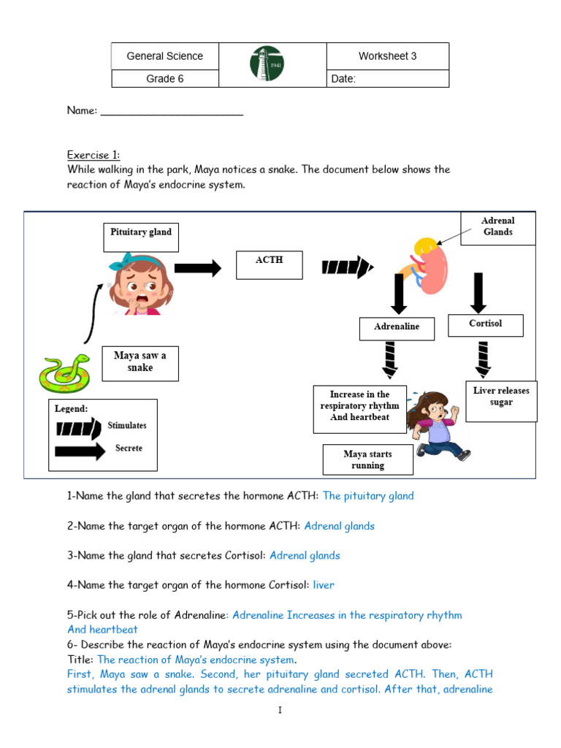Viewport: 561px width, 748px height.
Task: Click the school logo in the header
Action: click(267, 64)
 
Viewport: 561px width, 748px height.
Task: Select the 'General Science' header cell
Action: click(164, 56)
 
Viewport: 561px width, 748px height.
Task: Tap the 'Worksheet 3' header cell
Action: click(387, 56)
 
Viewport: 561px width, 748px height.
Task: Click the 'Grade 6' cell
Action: click(164, 79)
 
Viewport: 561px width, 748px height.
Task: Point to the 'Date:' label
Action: click(343, 79)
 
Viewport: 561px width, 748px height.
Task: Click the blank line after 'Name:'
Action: click(172, 111)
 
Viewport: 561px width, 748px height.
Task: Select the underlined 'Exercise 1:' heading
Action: click(93, 155)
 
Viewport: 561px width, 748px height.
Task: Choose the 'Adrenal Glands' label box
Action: click(497, 227)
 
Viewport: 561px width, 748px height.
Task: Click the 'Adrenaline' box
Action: click(397, 328)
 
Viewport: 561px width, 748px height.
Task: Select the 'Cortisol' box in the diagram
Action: click(486, 324)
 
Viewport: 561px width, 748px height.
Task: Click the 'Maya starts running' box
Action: click(367, 459)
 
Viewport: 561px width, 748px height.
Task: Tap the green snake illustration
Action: click(64, 373)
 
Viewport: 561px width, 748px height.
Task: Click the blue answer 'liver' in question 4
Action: click(324, 585)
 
